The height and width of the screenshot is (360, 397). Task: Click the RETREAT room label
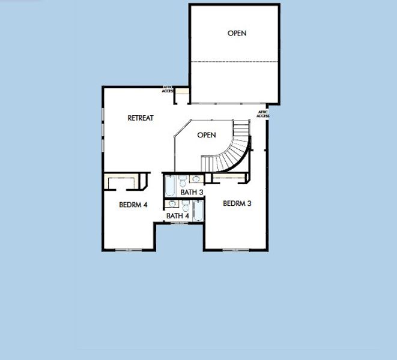pyautogui.click(x=141, y=118)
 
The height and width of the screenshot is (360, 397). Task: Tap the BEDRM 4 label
pyautogui.click(x=133, y=205)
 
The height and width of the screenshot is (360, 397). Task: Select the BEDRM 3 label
pyautogui.click(x=237, y=203)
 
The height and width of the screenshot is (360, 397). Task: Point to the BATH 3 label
pyautogui.click(x=192, y=193)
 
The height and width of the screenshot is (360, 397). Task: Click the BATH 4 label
pyautogui.click(x=178, y=216)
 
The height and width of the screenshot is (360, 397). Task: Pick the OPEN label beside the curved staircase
pyautogui.click(x=206, y=135)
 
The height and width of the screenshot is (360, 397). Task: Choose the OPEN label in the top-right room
pyautogui.click(x=237, y=34)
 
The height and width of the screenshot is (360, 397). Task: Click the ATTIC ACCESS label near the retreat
pyautogui.click(x=168, y=89)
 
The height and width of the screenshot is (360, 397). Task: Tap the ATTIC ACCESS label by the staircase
pyautogui.click(x=263, y=114)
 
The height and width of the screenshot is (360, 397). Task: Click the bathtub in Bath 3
pyautogui.click(x=171, y=186)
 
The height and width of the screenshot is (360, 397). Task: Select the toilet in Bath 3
pyautogui.click(x=183, y=179)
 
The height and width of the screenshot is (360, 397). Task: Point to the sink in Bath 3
pyautogui.click(x=196, y=178)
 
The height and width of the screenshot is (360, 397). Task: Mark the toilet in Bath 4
pyautogui.click(x=184, y=205)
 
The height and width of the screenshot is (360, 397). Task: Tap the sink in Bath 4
pyautogui.click(x=172, y=204)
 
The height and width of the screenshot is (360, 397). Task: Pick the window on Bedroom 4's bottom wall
pyautogui.click(x=128, y=250)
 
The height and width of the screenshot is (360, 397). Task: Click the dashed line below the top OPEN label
pyautogui.click(x=234, y=62)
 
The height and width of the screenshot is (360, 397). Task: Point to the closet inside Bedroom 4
pyautogui.click(x=126, y=181)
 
